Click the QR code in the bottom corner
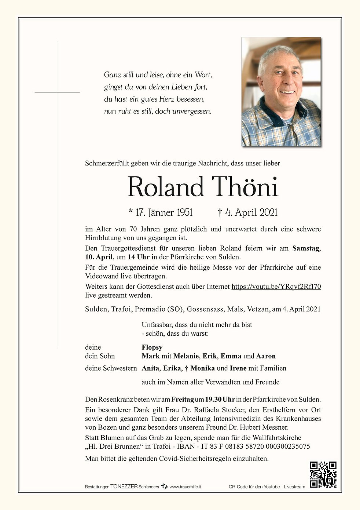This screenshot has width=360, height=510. coord(323,475)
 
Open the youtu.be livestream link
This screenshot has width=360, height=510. coord(276,287)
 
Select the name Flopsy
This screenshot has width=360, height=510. coord(152,347)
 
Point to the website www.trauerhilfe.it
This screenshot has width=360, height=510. coord(185,487)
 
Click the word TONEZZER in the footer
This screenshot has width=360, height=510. coord(124,487)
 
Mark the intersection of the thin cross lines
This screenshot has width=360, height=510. coord(57,92)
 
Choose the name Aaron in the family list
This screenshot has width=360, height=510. coord(266,356)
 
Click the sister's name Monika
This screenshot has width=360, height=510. coord(203,368)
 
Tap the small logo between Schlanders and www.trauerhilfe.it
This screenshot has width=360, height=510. coord(164,487)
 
